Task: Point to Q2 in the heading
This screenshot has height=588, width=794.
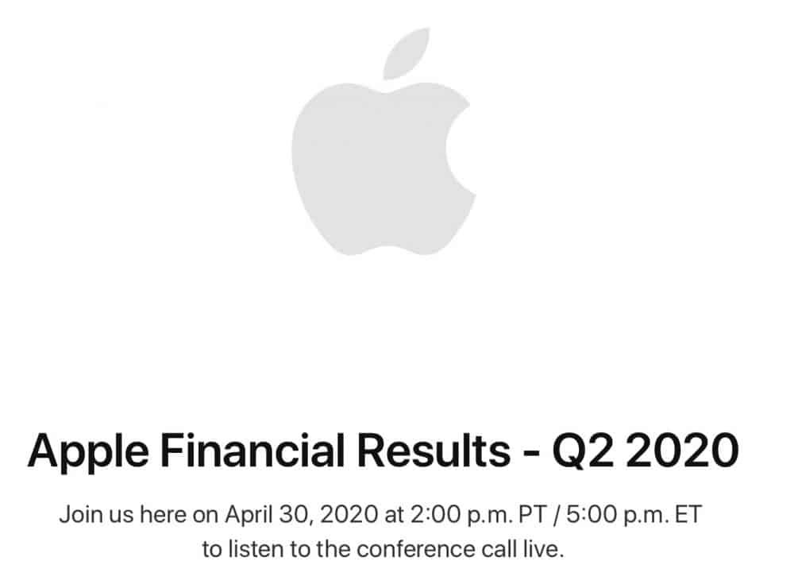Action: [x=584, y=450]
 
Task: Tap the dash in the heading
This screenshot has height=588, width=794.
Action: [x=532, y=452]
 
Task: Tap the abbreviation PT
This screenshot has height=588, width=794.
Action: [x=534, y=515]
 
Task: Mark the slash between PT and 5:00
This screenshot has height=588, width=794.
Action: [x=557, y=515]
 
